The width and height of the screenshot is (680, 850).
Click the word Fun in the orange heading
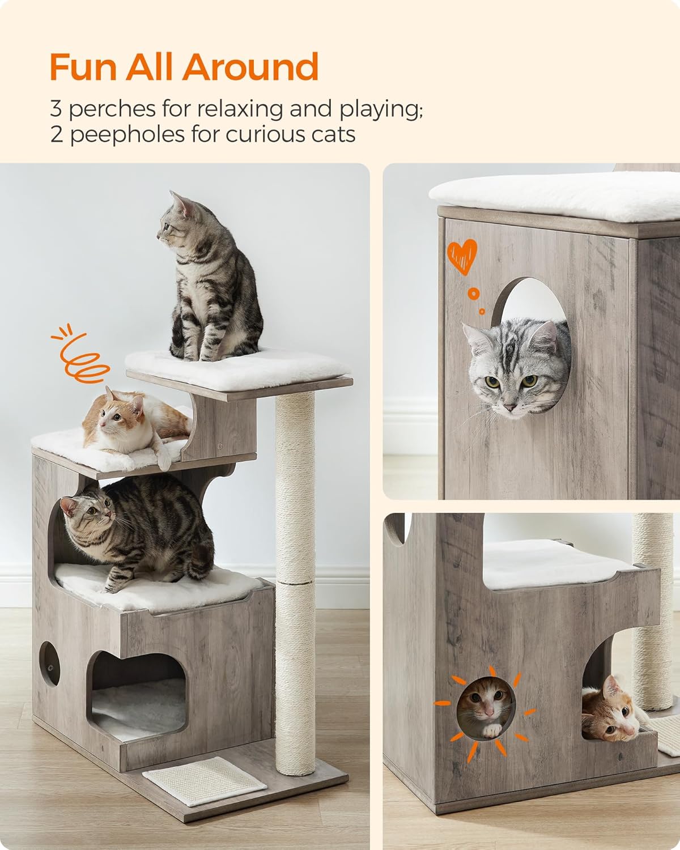point(83,66)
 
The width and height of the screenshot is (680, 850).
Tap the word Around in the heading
point(250,66)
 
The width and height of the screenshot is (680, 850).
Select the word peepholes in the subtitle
point(127,135)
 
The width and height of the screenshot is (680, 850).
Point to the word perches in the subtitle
point(112,109)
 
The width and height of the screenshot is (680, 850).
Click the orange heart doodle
point(462,256)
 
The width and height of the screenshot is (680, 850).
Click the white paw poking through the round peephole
point(492,730)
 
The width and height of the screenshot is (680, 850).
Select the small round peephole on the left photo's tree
point(49,664)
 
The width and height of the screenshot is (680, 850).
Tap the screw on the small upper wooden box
point(220,446)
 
